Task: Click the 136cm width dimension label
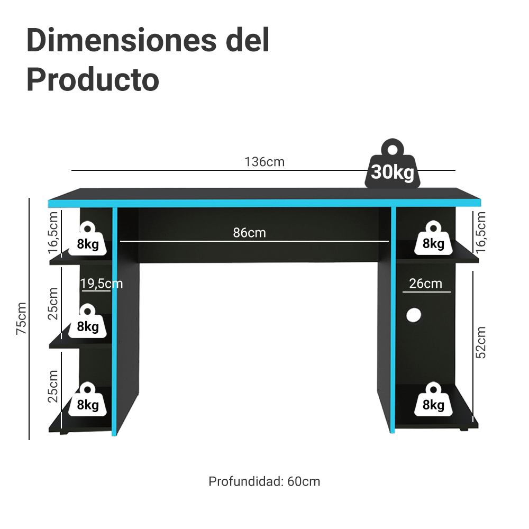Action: coord(264,162)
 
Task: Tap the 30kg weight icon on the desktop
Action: coord(393,167)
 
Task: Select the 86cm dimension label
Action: coord(250,233)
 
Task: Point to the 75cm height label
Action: coord(21,318)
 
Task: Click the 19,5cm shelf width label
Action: coord(101,284)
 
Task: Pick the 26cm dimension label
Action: coord(425,284)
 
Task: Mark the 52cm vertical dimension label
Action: coord(480,342)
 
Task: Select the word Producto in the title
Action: coord(93,80)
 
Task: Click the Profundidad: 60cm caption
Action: coord(264,481)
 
